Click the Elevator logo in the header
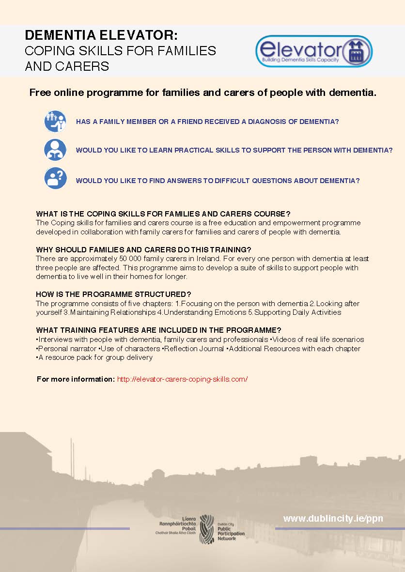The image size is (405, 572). coord(313,51)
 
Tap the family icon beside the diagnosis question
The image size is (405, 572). coord(55,121)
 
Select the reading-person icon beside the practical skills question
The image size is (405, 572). coord(55,150)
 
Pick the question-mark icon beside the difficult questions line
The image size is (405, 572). coord(55,178)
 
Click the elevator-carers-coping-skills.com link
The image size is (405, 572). coord(182,379)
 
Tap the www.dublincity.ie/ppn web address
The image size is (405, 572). coord(333,519)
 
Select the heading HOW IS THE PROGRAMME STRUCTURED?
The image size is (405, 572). coord(113,294)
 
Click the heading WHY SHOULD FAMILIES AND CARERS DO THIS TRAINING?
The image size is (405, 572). coord(143,250)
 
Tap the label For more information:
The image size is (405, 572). coord(76,379)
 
